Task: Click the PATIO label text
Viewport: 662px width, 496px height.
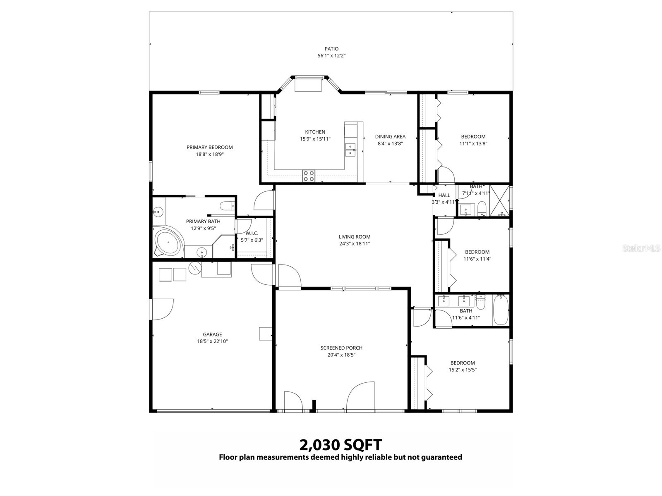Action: (x=331, y=49)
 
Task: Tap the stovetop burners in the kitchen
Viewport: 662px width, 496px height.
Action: (x=309, y=176)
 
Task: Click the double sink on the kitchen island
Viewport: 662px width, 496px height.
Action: (x=350, y=150)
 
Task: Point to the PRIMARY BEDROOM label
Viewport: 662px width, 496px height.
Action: (x=209, y=147)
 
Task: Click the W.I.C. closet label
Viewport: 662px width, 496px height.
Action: (x=252, y=233)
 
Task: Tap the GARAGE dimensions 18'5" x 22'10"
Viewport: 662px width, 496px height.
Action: (x=212, y=341)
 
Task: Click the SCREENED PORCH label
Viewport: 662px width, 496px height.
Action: (x=341, y=348)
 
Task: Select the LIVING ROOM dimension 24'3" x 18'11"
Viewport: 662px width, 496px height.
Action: (x=354, y=243)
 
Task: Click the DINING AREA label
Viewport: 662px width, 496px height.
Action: (x=390, y=136)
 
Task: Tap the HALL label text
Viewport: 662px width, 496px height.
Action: (x=444, y=195)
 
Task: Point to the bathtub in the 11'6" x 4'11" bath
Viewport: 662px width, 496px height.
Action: (x=501, y=310)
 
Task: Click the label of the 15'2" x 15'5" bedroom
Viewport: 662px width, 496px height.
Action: (x=463, y=363)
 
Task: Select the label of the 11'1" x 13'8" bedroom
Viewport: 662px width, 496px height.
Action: (x=473, y=136)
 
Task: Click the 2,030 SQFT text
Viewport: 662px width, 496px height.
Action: (x=340, y=445)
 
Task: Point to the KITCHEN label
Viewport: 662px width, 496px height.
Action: (x=315, y=132)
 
